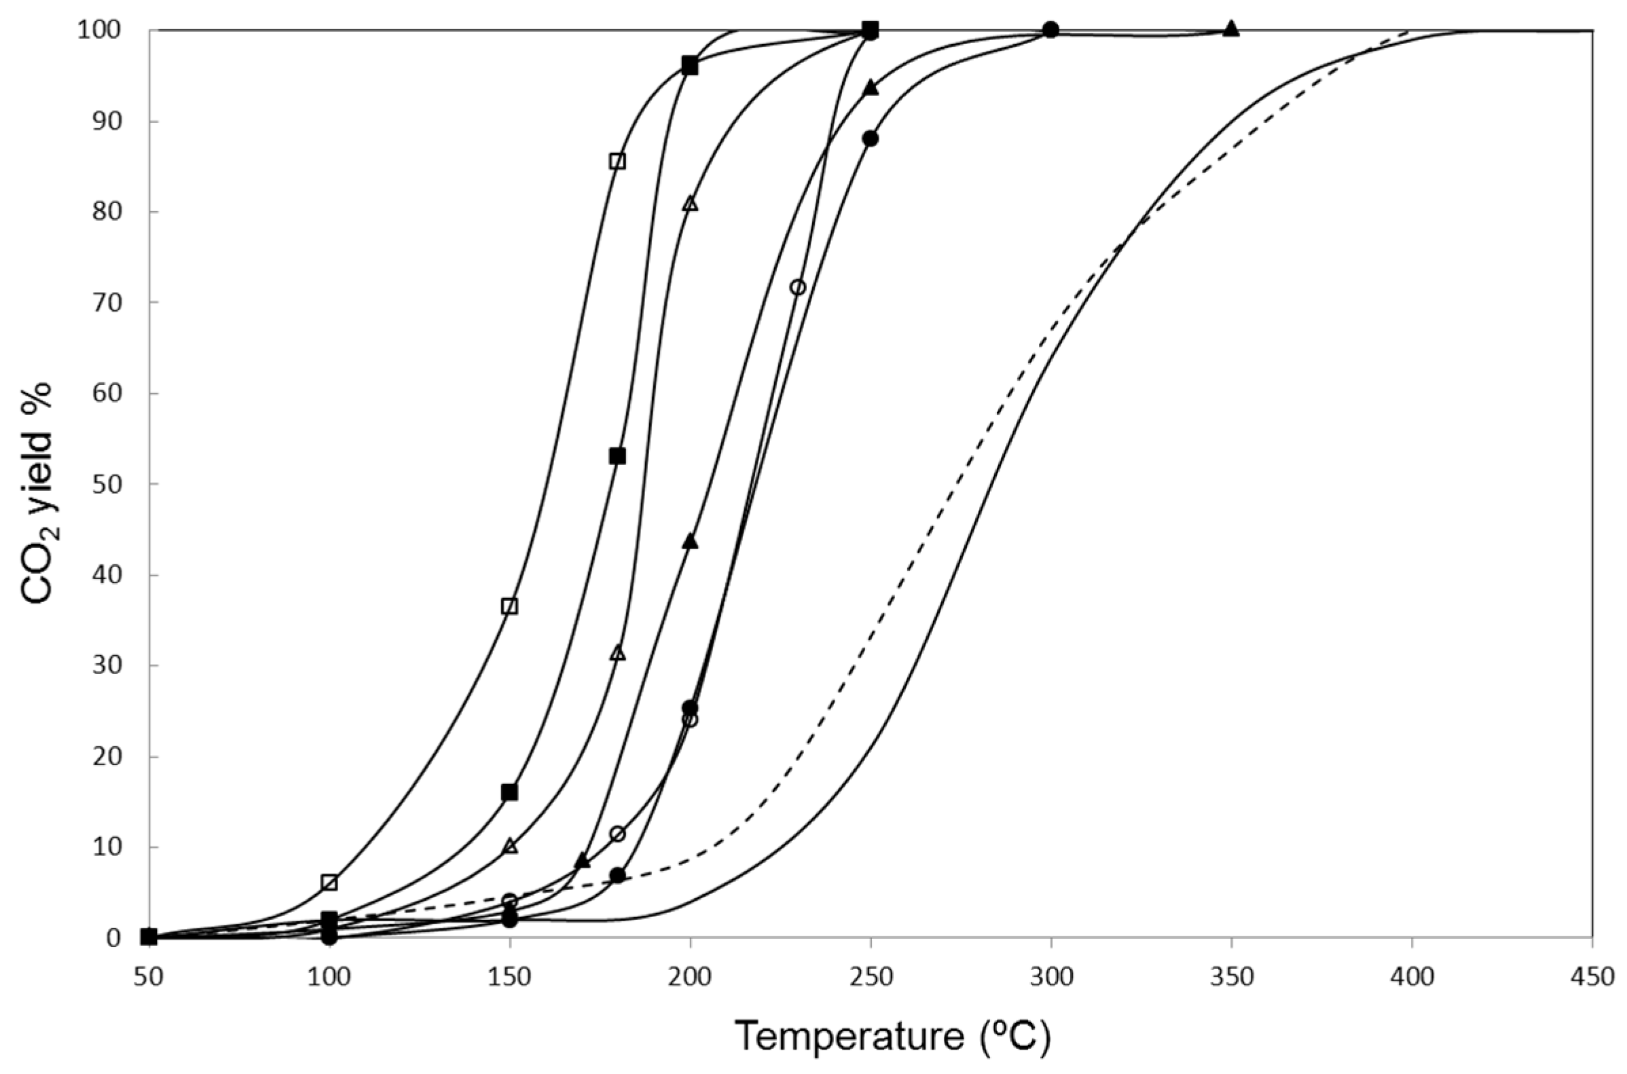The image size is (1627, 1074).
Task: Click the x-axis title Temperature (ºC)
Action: [892, 1036]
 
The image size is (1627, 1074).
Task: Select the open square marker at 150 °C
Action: [509, 606]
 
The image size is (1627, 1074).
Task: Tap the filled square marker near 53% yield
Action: [617, 456]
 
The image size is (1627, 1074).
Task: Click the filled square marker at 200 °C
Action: [690, 67]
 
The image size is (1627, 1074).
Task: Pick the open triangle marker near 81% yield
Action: [690, 204]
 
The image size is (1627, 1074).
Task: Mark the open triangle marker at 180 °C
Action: [618, 653]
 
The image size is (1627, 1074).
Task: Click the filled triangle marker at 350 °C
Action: [1231, 29]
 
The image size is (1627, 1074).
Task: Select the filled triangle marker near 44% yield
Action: [690, 542]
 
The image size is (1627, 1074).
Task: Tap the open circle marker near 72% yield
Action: [797, 287]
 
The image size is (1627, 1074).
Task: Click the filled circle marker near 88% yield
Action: [870, 138]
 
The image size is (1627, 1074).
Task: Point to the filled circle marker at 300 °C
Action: [1051, 30]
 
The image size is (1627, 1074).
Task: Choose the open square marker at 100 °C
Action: [329, 883]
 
